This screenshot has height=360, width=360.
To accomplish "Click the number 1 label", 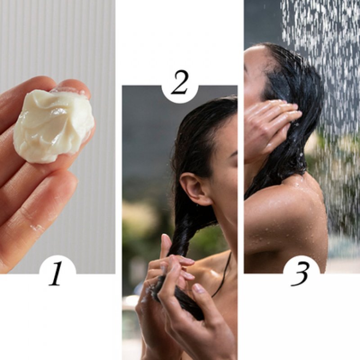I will click(56, 273).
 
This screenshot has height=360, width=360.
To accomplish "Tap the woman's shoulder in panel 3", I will click(292, 198).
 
